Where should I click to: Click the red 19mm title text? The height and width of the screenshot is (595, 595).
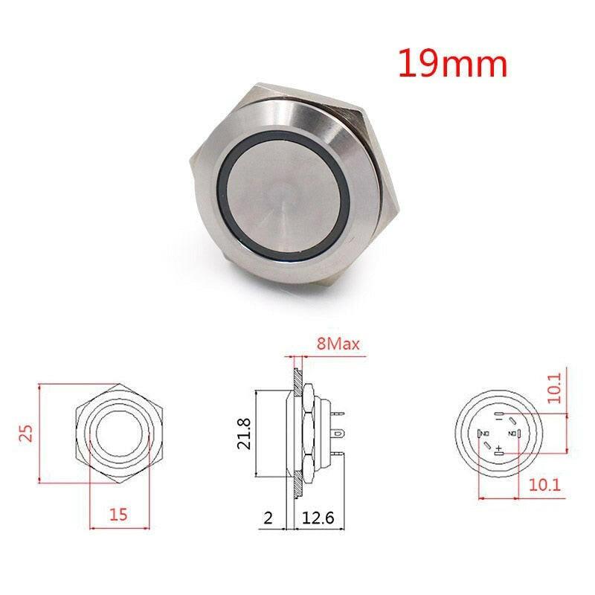[x=452, y=64]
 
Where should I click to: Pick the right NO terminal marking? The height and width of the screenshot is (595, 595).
[x=512, y=434]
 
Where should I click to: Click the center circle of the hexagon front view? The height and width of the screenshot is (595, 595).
[x=119, y=433]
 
